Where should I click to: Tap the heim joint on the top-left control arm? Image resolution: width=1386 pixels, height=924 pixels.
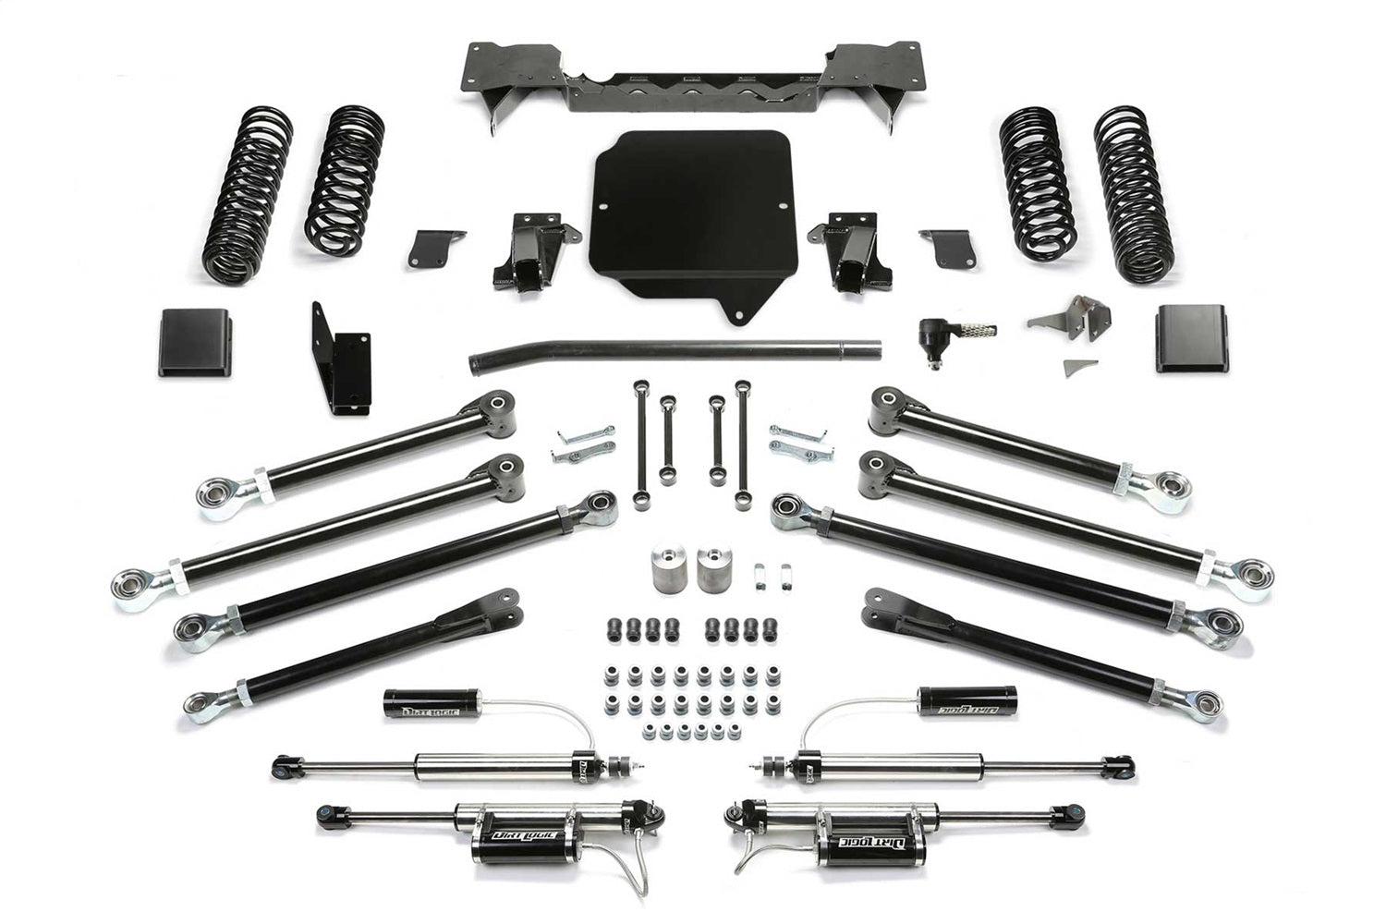(219, 496)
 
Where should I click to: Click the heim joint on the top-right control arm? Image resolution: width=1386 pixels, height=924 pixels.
(1169, 486)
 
